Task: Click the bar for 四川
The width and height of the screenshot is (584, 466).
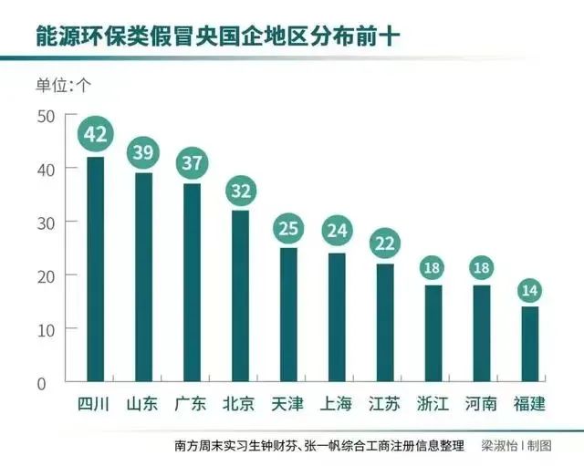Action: pyautogui.click(x=95, y=269)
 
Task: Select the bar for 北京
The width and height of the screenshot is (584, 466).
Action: pyautogui.click(x=240, y=295)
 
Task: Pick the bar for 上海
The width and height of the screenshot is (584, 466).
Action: pyautogui.click(x=337, y=316)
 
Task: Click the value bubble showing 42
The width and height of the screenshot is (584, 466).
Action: pyautogui.click(x=95, y=135)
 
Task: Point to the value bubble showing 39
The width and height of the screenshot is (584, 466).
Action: pyautogui.click(x=143, y=152)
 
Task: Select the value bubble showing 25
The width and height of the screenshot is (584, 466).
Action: pyautogui.click(x=288, y=227)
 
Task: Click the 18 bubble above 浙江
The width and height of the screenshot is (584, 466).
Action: pyautogui.click(x=433, y=268)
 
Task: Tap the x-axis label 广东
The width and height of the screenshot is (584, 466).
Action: pyautogui.click(x=191, y=403)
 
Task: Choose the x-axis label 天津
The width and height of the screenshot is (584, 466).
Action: pyautogui.click(x=288, y=403)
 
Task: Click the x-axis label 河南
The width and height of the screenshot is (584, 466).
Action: pyautogui.click(x=482, y=403)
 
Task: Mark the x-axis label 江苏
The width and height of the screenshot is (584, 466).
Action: pyautogui.click(x=385, y=403)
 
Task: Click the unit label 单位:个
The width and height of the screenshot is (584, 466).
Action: pyautogui.click(x=64, y=86)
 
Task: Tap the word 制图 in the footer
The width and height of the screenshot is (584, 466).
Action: pyautogui.click(x=539, y=446)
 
